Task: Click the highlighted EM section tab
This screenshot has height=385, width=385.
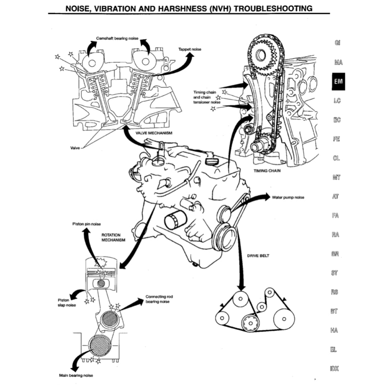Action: pos(338,81)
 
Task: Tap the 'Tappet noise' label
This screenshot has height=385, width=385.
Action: pos(189,49)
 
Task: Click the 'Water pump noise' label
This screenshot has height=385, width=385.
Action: pos(288,197)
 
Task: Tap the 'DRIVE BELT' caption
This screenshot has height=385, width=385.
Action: pos(258,256)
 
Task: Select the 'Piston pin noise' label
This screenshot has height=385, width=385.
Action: pos(86,224)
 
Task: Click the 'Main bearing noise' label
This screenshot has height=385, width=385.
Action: pos(76,375)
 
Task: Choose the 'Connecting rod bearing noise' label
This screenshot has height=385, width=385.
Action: pos(159,299)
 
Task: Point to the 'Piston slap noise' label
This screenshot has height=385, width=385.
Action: pos(67,303)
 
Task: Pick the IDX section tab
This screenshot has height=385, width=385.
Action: pos(334,369)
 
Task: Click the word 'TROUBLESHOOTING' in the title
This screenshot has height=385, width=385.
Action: pos(273,8)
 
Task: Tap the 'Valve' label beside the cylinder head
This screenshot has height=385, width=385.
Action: pos(75,148)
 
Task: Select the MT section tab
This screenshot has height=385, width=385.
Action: pos(336,177)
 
